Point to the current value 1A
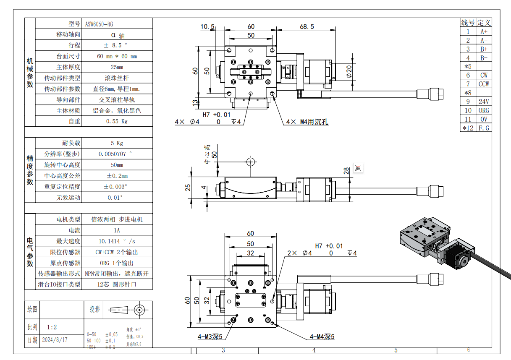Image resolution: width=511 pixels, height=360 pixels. point(116,230)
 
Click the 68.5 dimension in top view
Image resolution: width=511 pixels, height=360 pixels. point(307,27)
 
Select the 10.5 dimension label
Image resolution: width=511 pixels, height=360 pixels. point(207,27)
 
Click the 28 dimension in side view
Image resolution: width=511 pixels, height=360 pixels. point(346,171)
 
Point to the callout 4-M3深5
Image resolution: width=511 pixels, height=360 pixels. point(210,337)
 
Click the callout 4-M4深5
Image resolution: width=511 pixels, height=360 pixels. point(322,337)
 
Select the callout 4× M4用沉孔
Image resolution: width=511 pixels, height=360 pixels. point(307,122)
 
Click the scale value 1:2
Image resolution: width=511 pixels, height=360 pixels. point(52,327)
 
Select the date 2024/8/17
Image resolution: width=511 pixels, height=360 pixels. point(55,340)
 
